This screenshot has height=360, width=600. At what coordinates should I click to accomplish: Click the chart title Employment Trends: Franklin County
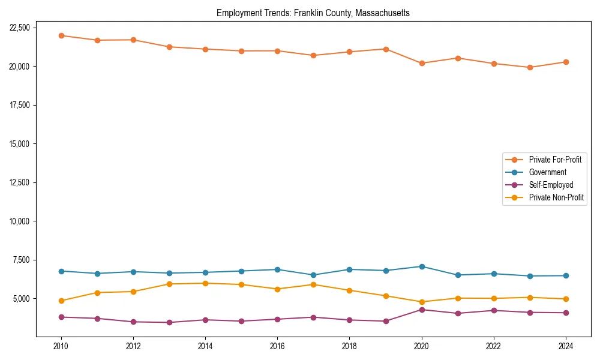tap(313, 13)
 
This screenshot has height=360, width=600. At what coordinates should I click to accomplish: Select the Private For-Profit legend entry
tap(555, 160)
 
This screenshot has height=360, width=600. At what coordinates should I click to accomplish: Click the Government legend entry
tap(547, 172)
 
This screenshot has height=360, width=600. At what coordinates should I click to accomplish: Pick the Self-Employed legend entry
tap(551, 185)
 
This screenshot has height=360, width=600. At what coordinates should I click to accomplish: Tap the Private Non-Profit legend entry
tap(556, 197)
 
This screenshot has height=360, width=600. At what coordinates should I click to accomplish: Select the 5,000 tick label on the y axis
tap(21, 299)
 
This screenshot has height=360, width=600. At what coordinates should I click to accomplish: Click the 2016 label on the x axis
tap(277, 346)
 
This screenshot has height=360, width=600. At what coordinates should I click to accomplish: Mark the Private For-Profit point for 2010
tap(61, 35)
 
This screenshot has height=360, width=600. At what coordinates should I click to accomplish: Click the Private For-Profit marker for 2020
tap(422, 63)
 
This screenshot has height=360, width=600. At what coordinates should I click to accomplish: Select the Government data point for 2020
tap(422, 266)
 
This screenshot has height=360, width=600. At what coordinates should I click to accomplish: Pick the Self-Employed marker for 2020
tap(422, 310)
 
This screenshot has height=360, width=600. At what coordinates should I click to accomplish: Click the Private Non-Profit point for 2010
tap(61, 301)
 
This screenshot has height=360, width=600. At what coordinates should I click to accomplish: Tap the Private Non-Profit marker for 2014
tap(205, 283)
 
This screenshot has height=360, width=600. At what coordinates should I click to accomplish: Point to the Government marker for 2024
tap(566, 275)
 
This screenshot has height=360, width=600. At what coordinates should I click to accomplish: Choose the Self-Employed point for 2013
tap(169, 322)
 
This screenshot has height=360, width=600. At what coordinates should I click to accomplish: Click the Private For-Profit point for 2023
tap(530, 67)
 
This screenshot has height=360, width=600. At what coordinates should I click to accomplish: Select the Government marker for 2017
tap(313, 275)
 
